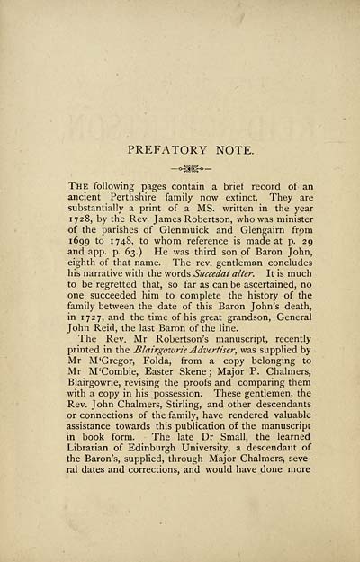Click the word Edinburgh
156,494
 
